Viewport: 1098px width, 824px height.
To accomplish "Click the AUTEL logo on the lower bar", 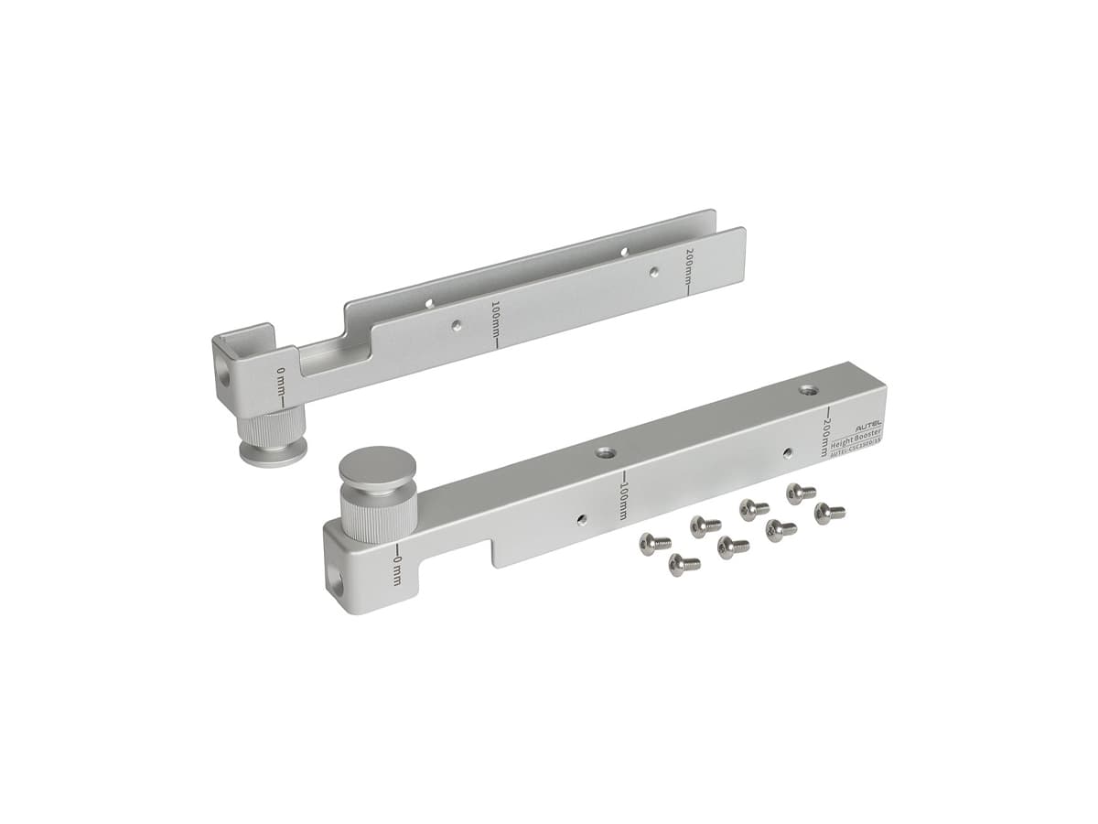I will point(868,428).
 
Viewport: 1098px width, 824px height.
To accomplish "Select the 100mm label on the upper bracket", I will point(495,323).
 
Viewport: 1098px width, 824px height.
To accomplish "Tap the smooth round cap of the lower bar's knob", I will point(377,464).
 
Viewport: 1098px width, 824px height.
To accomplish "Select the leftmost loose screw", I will point(655,543).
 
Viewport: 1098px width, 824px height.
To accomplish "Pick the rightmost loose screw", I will point(830,513).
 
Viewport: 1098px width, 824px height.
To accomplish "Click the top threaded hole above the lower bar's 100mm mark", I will point(604,452).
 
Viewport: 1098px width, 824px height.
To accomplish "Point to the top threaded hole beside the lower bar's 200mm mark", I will point(807,390).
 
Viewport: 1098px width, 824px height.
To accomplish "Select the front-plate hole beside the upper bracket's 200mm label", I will point(653,272).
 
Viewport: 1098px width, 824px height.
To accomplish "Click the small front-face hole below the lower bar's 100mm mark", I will point(582,518).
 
